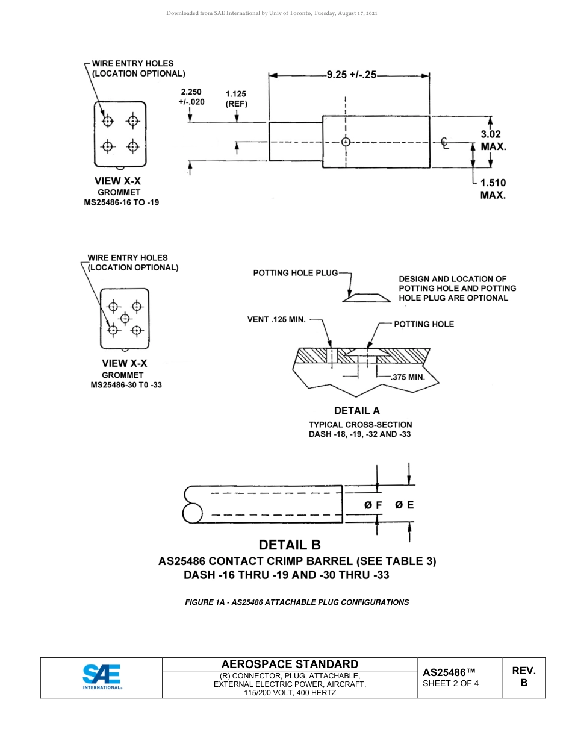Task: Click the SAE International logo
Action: [102, 677]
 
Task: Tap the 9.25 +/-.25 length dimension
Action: [351, 75]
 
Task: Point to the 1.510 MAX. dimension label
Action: [493, 189]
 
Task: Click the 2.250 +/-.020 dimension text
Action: [191, 97]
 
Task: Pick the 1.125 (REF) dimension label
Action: [236, 98]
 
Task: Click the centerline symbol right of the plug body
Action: [444, 143]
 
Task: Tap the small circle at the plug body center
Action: [346, 142]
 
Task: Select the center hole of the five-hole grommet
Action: [125, 317]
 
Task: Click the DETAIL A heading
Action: [356, 411]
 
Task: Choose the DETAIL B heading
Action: [290, 545]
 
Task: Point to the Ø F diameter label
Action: [373, 505]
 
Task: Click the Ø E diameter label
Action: [405, 505]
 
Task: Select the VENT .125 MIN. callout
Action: [276, 319]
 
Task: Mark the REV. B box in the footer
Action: [523, 677]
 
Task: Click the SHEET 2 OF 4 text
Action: [451, 683]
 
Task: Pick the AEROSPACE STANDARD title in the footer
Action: [290, 664]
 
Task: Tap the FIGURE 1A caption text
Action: [297, 602]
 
